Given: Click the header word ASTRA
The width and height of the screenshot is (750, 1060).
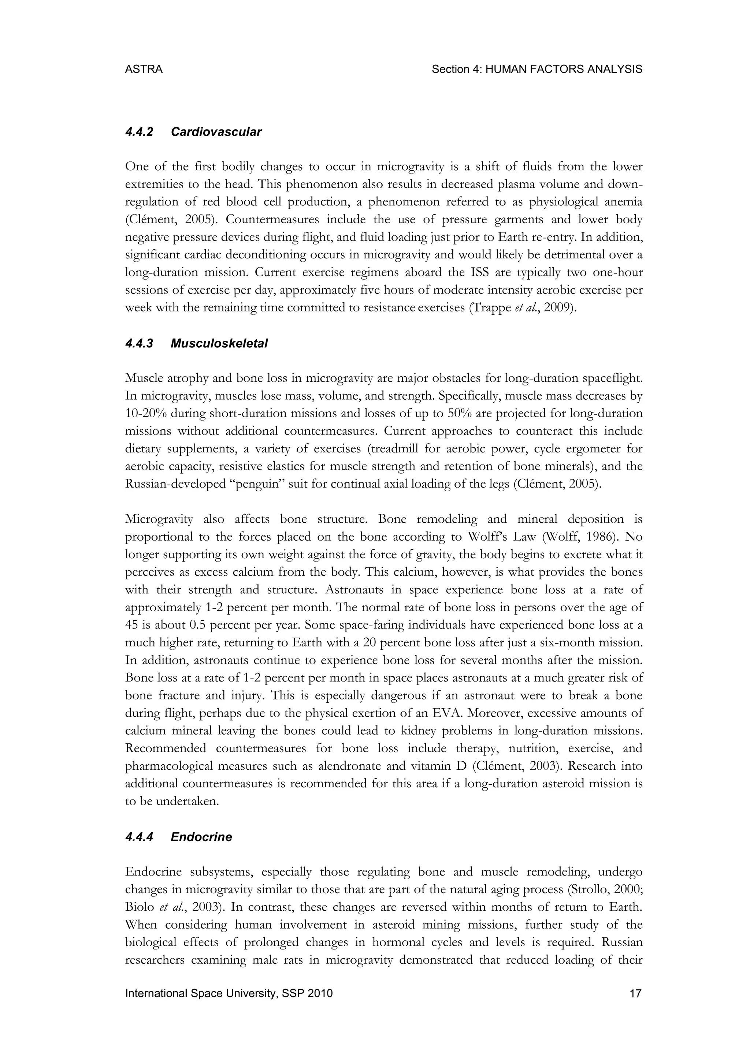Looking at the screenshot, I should coord(144,69).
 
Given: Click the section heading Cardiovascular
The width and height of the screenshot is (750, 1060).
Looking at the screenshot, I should coord(216,132).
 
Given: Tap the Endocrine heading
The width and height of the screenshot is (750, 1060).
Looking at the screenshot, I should coord(201,837).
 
